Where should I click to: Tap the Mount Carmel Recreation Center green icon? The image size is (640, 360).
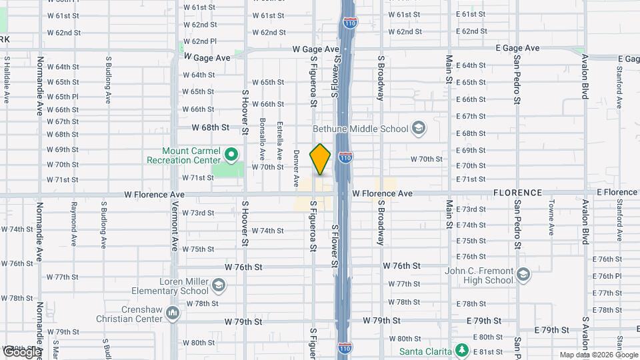click(231, 155)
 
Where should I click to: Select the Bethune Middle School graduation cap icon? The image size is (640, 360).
click(418, 127)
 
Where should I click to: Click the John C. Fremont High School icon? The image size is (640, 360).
click(523, 275)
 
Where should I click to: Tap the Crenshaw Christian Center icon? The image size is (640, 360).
click(173, 313)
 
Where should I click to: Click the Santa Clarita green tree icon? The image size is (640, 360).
click(460, 351)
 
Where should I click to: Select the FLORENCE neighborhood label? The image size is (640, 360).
click(518, 193)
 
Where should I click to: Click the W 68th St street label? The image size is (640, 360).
click(211, 127)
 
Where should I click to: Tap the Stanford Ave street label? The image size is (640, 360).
click(619, 83)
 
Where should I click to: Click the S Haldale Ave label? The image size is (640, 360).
click(7, 79)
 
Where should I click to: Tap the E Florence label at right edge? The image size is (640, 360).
click(617, 193)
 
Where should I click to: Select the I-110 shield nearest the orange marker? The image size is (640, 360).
click(345, 157)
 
